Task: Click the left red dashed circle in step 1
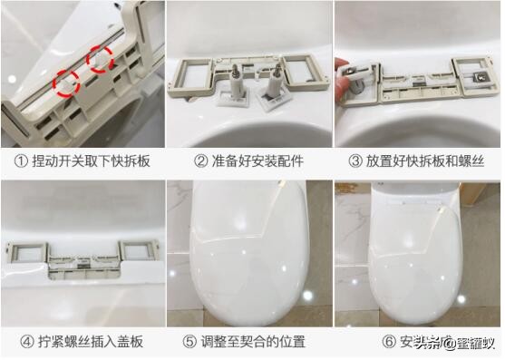(66, 82)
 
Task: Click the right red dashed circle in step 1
(99, 61)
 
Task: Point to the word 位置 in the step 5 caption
(289, 342)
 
